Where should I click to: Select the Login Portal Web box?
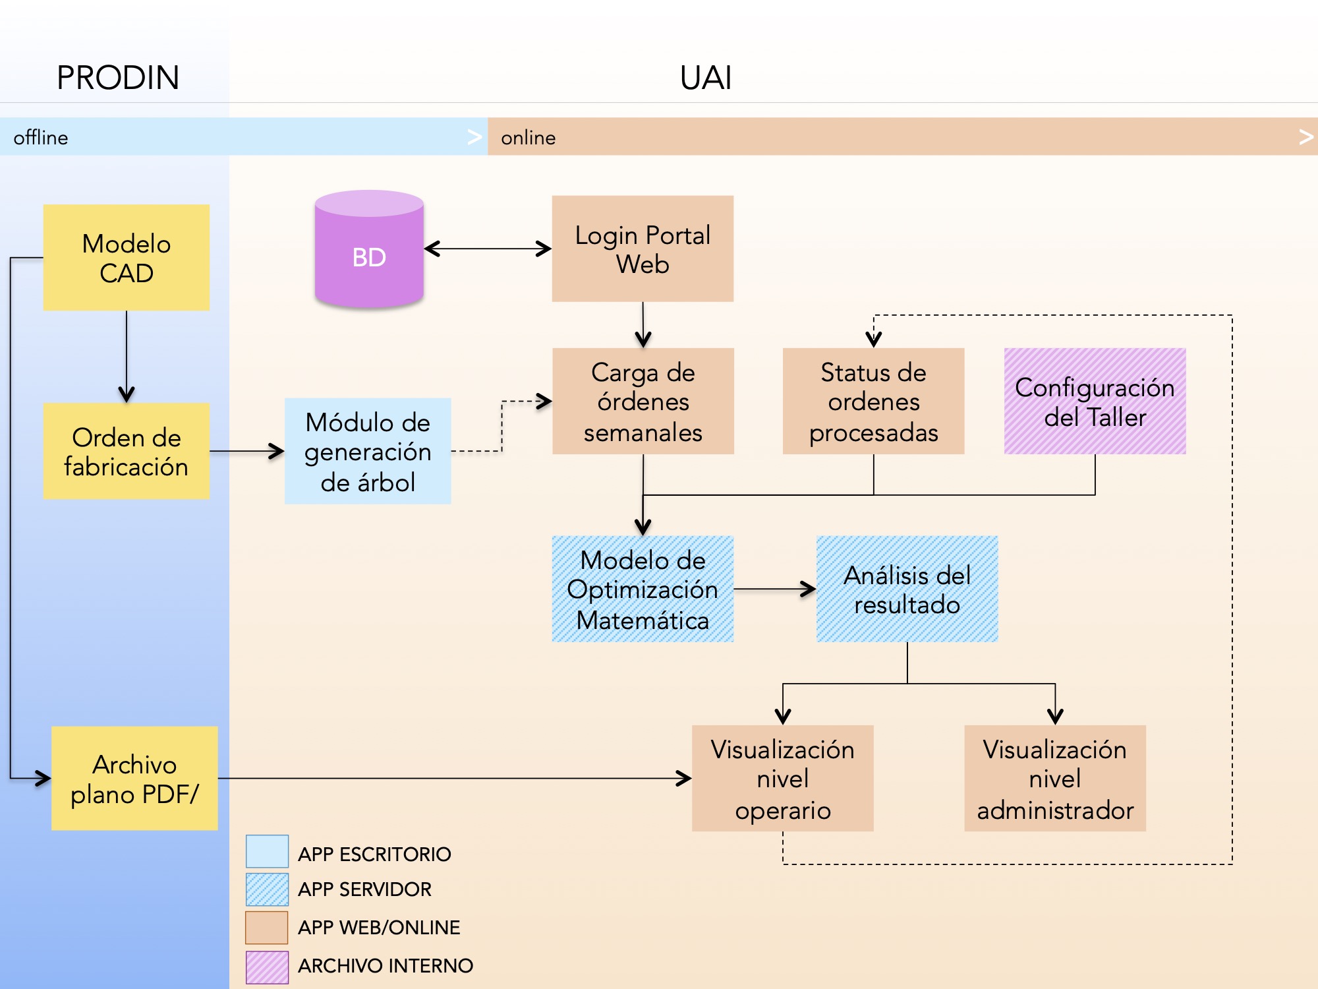tap(643, 249)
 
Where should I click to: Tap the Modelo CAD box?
tap(127, 257)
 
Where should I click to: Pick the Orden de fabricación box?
tap(127, 451)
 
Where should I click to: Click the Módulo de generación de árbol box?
tap(368, 451)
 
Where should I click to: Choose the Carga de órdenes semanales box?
tap(643, 401)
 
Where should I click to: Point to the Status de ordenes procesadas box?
tap(873, 401)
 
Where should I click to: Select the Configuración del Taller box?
tap(1095, 401)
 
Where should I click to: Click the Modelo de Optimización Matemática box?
tap(643, 589)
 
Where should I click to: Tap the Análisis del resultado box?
tap(907, 589)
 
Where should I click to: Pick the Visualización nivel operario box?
tap(782, 778)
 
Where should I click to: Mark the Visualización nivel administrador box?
tap(1054, 778)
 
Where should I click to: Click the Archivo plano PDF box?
tap(134, 778)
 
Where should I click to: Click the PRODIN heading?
tap(118, 78)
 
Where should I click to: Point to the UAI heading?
tap(705, 78)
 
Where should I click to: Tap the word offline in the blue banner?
tap(41, 137)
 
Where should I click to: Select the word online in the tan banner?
tap(528, 137)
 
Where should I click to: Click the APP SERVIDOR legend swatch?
tap(267, 889)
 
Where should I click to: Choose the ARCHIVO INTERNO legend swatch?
tap(267, 967)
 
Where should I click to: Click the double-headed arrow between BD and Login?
tap(488, 249)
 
